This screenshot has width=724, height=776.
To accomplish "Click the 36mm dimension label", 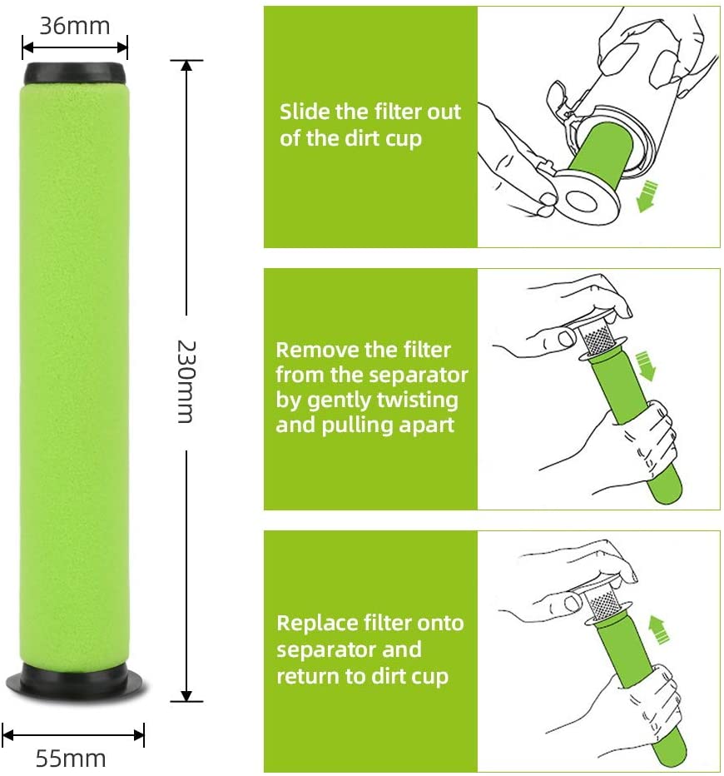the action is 74,26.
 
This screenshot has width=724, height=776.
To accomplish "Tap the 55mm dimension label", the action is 71,758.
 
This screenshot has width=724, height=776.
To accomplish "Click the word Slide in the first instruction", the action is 305,112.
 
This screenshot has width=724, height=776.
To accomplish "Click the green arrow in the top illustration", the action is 647,196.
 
